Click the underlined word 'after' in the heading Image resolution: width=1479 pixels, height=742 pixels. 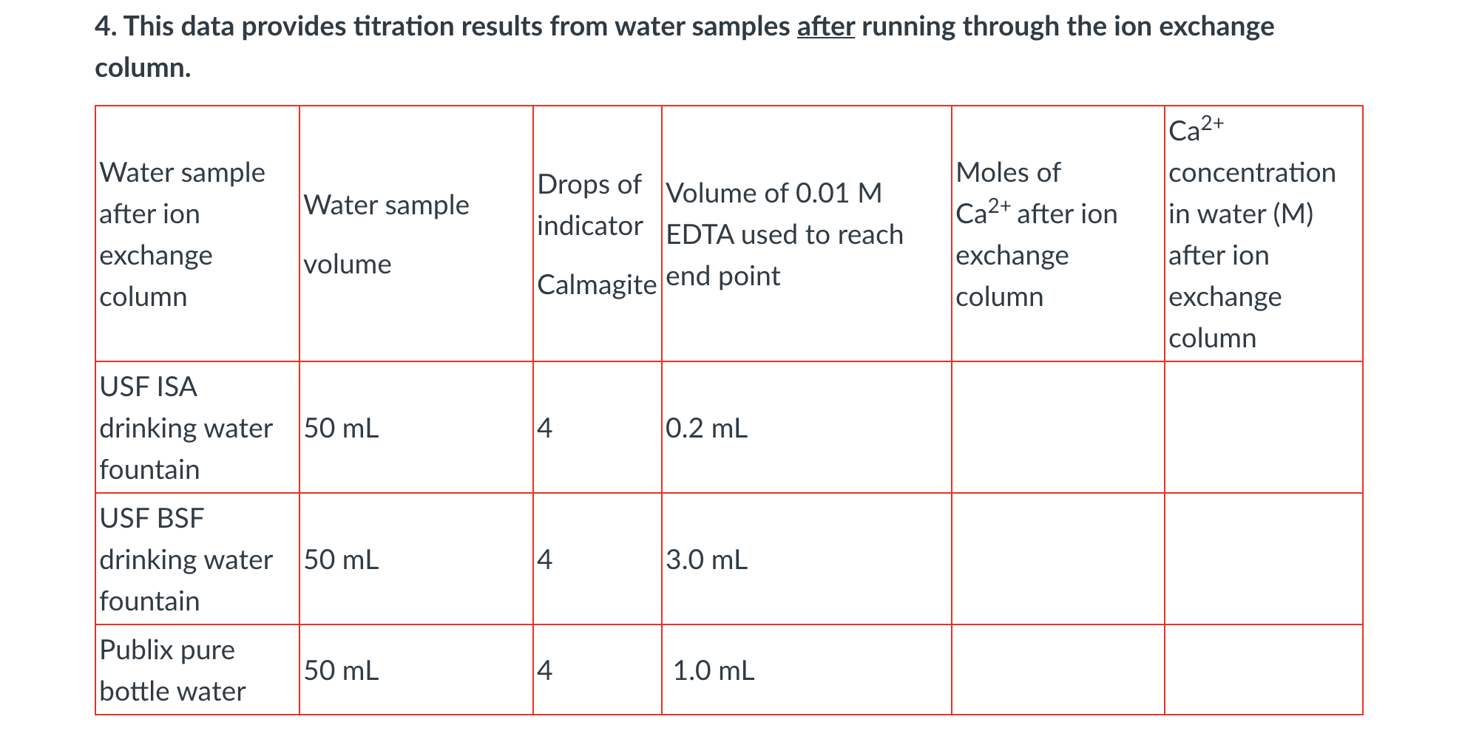point(825,27)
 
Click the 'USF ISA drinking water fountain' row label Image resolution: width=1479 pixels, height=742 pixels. point(186,428)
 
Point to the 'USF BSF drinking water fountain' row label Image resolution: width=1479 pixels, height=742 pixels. point(186,559)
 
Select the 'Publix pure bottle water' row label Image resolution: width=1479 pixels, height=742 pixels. point(172,670)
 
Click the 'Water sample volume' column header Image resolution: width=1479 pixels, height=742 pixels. point(386,234)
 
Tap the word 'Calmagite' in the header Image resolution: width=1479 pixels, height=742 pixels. point(597,285)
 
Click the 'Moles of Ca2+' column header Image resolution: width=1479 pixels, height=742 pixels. point(1036,234)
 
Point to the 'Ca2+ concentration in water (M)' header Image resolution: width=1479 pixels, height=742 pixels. point(1252,234)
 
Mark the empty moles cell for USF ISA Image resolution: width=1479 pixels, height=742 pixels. point(1057,428)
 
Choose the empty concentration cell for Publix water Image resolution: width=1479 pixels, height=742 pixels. point(1263,670)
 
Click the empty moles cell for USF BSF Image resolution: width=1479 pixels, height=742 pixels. point(1057,559)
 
